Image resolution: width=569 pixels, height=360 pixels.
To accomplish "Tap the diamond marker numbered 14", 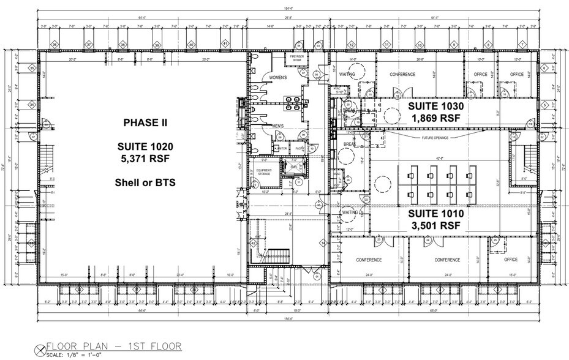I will (x=324, y=243).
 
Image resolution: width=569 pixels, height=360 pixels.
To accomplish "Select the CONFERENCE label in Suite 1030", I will (x=402, y=75).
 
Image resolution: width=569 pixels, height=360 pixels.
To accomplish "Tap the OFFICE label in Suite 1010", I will (x=511, y=260).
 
